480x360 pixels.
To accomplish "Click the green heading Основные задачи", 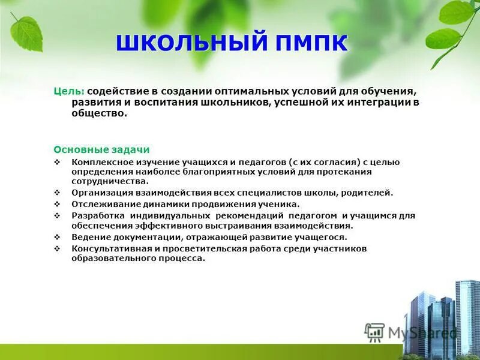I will (x=101, y=149).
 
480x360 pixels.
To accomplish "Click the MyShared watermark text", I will (x=421, y=332).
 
